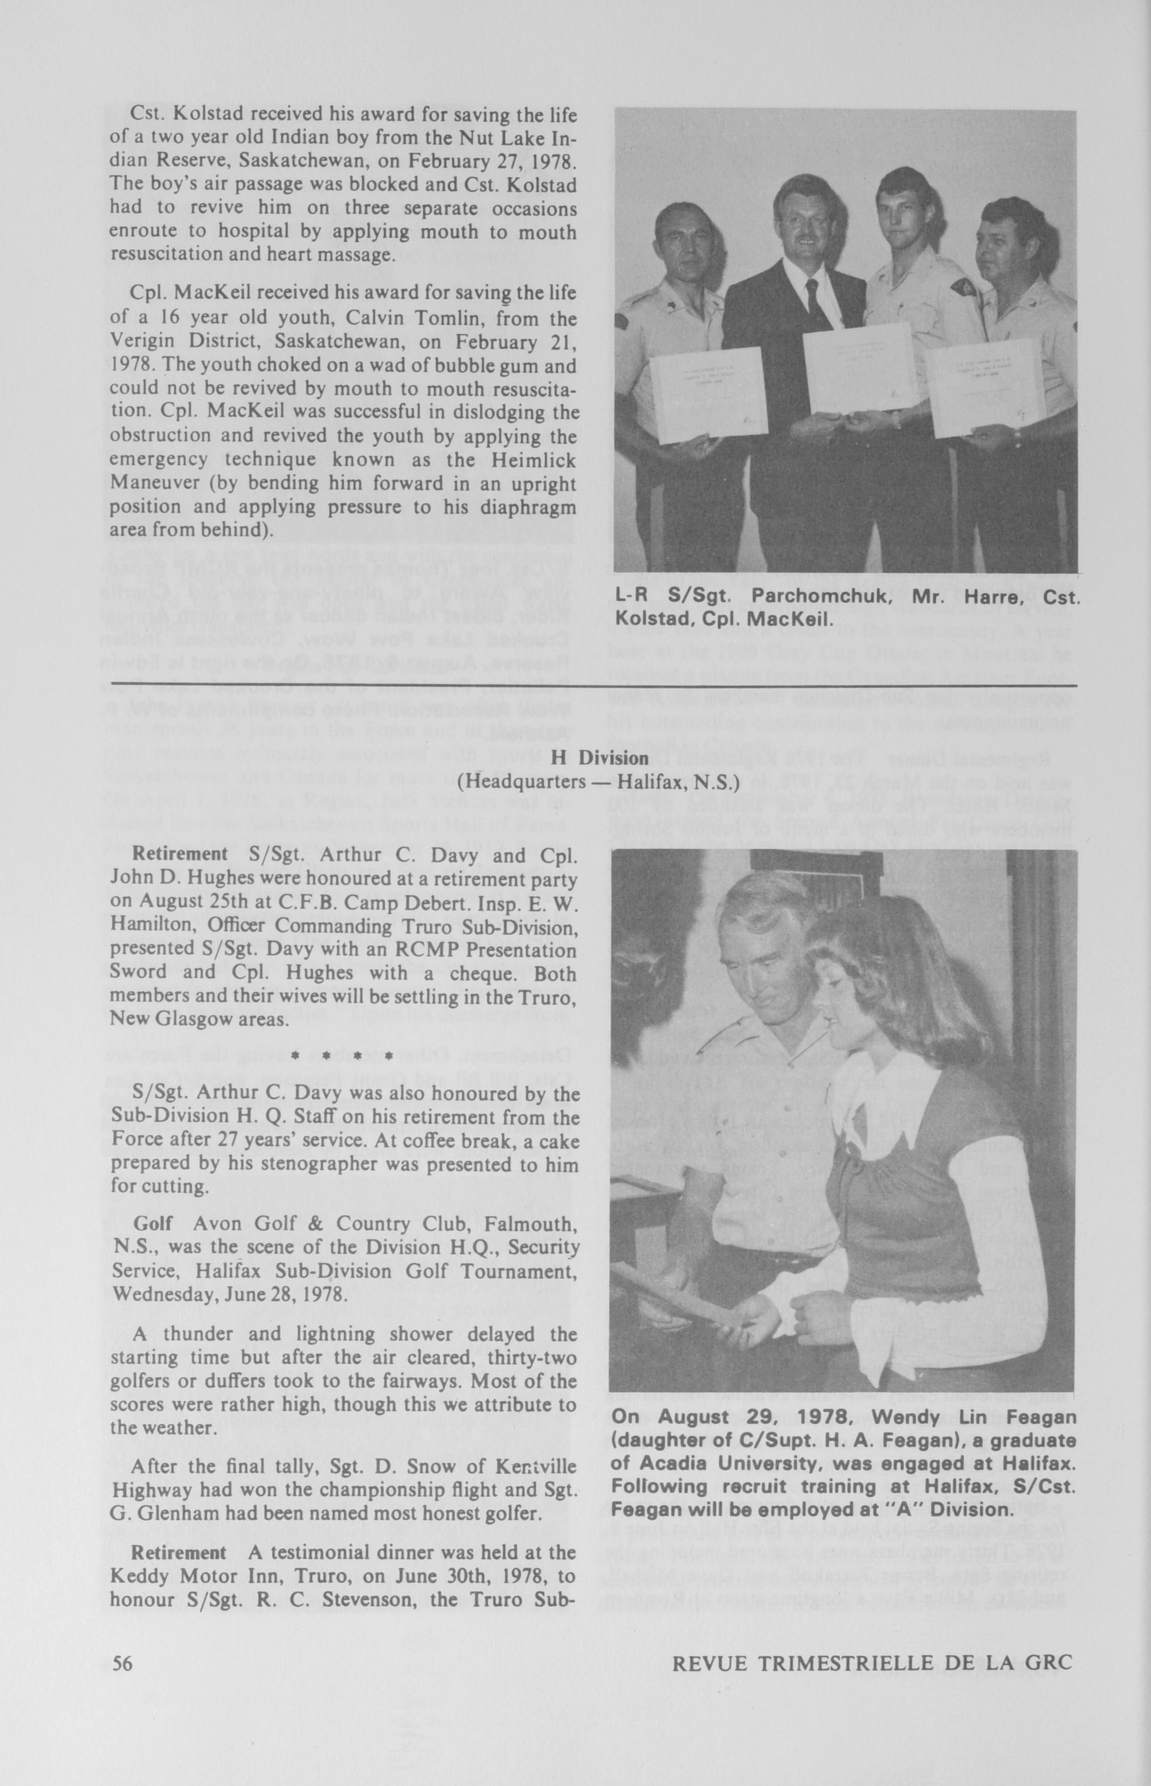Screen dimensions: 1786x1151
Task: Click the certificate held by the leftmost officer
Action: click(x=706, y=392)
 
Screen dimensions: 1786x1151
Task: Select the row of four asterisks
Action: click(x=342, y=1056)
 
